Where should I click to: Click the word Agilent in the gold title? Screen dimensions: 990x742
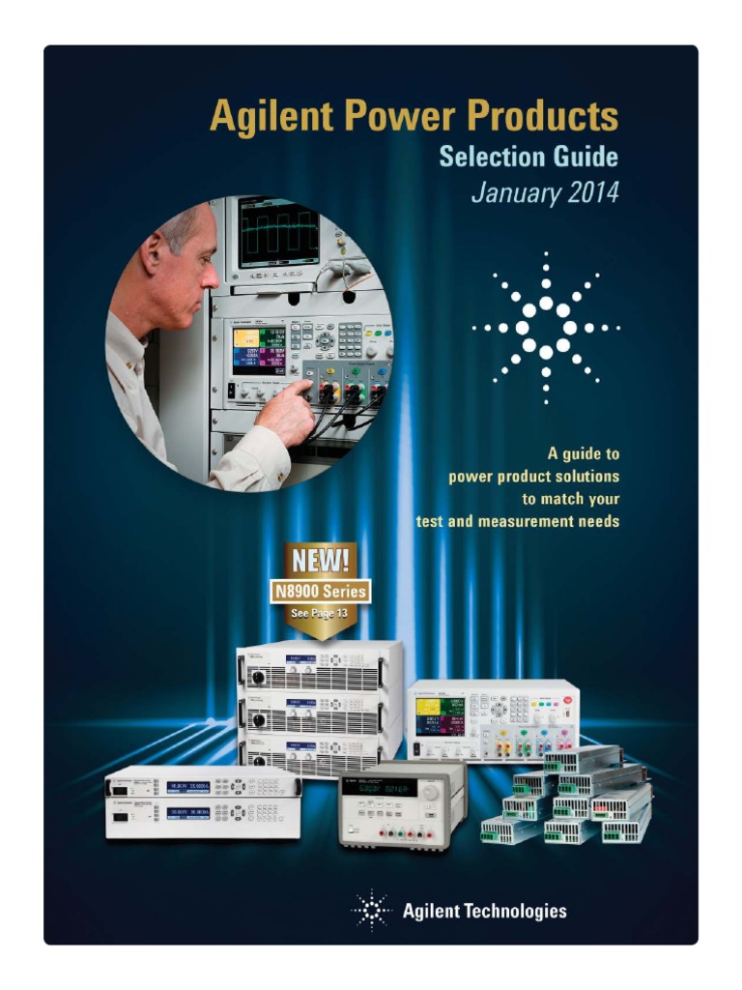[265, 118]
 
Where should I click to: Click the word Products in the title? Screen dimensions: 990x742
[543, 118]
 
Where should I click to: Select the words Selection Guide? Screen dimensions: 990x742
[528, 156]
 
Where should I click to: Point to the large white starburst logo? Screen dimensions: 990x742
[546, 327]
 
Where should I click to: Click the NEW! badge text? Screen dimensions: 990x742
[318, 561]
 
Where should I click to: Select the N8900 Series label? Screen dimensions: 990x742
[318, 591]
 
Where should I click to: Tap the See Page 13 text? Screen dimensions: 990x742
[318, 613]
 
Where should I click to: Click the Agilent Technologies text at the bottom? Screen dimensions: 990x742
[483, 911]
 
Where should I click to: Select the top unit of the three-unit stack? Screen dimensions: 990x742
[319, 666]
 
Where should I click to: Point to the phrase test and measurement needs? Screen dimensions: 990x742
[517, 522]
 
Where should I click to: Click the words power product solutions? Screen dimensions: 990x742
[533, 476]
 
